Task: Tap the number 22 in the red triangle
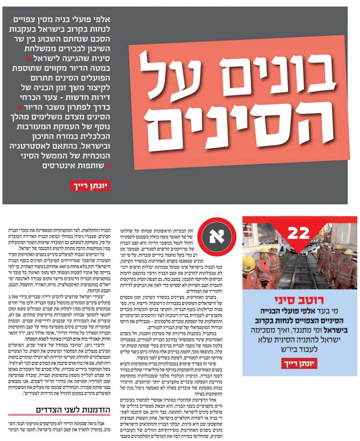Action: pos(299,233)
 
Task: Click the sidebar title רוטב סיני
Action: pos(299,299)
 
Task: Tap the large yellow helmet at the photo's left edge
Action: pos(249,264)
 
